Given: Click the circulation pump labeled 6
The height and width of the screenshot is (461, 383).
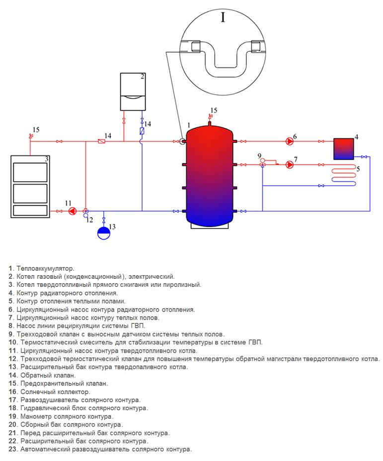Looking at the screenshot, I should click(290, 141).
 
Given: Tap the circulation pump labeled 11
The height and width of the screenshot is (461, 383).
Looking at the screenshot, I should click(72, 211).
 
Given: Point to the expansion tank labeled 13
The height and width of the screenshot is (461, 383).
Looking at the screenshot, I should click(103, 232).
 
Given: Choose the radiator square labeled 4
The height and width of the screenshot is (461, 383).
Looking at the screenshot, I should click(344, 148).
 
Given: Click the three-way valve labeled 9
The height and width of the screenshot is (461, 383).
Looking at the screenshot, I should click(262, 165).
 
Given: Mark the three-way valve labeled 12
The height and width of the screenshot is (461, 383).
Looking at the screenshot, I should click(86, 211).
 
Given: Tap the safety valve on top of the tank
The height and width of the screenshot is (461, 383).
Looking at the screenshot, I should click(210, 117).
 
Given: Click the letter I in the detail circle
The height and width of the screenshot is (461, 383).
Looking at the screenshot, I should click(223, 18).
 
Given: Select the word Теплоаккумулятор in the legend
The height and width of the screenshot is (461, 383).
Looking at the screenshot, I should click(45, 268).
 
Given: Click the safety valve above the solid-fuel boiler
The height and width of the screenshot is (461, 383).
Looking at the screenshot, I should click(31, 135).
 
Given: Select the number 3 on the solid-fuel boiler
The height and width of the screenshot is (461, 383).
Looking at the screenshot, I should click(46, 159).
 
